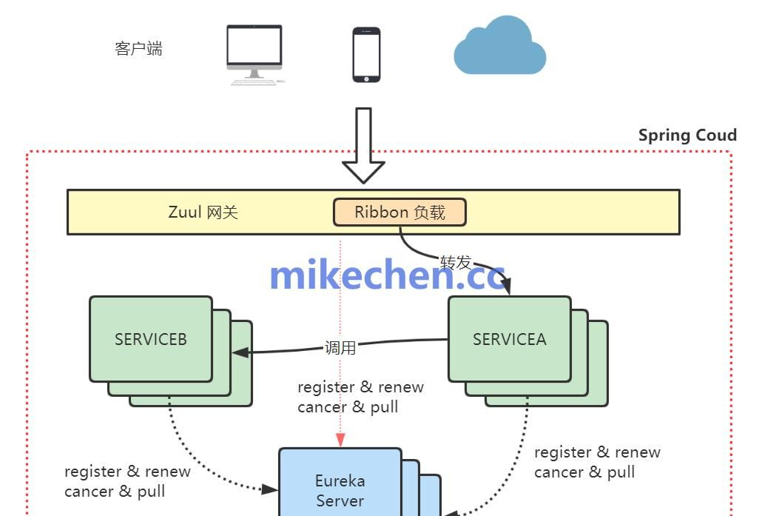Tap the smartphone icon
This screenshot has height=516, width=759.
(366, 55)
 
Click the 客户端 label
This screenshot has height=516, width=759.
(138, 49)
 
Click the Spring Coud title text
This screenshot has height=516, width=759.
(687, 135)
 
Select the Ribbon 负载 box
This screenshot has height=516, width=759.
(399, 212)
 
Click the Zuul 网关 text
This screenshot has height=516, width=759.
(203, 212)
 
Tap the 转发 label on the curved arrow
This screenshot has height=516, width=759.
(456, 262)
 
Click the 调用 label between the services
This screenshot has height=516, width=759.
(340, 347)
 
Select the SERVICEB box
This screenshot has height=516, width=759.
(151, 339)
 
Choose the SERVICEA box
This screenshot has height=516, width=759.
(509, 339)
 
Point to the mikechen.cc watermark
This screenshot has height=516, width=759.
(387, 275)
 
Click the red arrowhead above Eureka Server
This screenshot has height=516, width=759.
(340, 440)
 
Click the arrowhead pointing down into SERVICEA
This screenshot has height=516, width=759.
(507, 289)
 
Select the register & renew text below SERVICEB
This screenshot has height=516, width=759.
(127, 472)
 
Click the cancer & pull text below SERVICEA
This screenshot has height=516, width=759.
(584, 472)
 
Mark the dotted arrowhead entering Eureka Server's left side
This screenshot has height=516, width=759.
(271, 489)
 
